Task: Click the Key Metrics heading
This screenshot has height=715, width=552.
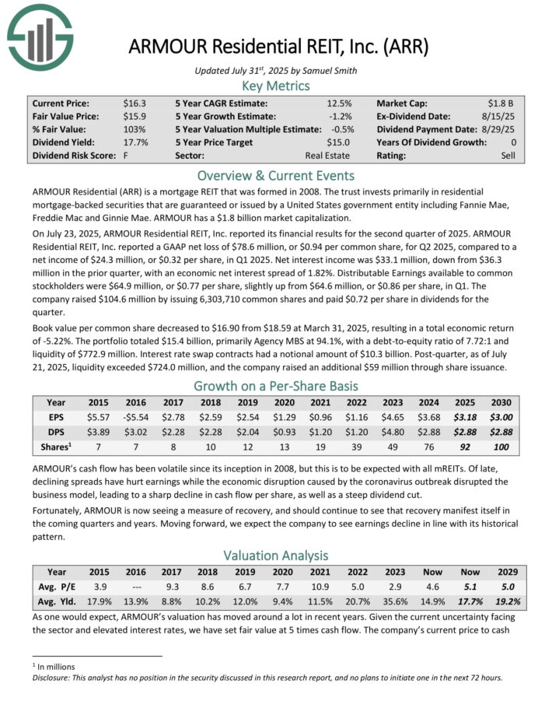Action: [x=276, y=86]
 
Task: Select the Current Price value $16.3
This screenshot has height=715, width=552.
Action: [x=134, y=103]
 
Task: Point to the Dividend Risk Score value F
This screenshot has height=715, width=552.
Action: [x=126, y=156]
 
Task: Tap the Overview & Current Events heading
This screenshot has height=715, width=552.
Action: [x=276, y=175]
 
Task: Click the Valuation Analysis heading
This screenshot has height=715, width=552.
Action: [x=276, y=556]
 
